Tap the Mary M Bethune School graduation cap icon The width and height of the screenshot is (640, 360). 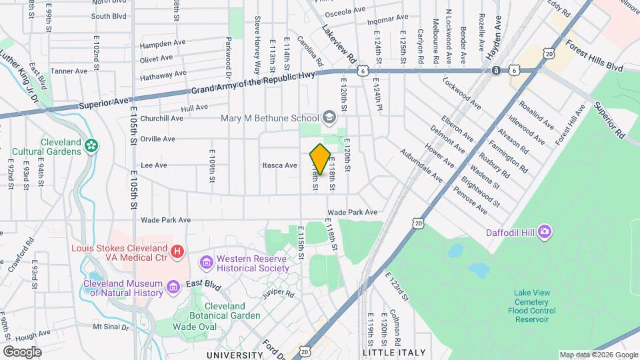(x=329, y=118)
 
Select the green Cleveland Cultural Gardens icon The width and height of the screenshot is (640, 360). (x=91, y=144)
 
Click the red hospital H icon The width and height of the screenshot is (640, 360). (x=177, y=251)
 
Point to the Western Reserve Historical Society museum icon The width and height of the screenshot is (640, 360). (x=207, y=261)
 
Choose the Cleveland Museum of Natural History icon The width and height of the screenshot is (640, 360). (x=173, y=287)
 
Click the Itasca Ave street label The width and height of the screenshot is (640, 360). (x=279, y=165)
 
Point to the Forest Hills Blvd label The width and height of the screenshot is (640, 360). (x=593, y=55)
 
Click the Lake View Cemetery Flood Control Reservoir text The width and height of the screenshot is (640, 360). (x=540, y=306)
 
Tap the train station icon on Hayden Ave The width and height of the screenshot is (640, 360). (x=496, y=70)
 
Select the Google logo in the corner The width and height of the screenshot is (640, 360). (x=22, y=351)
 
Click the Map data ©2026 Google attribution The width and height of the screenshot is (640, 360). (x=598, y=355)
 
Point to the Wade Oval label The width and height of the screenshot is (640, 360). (x=194, y=327)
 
